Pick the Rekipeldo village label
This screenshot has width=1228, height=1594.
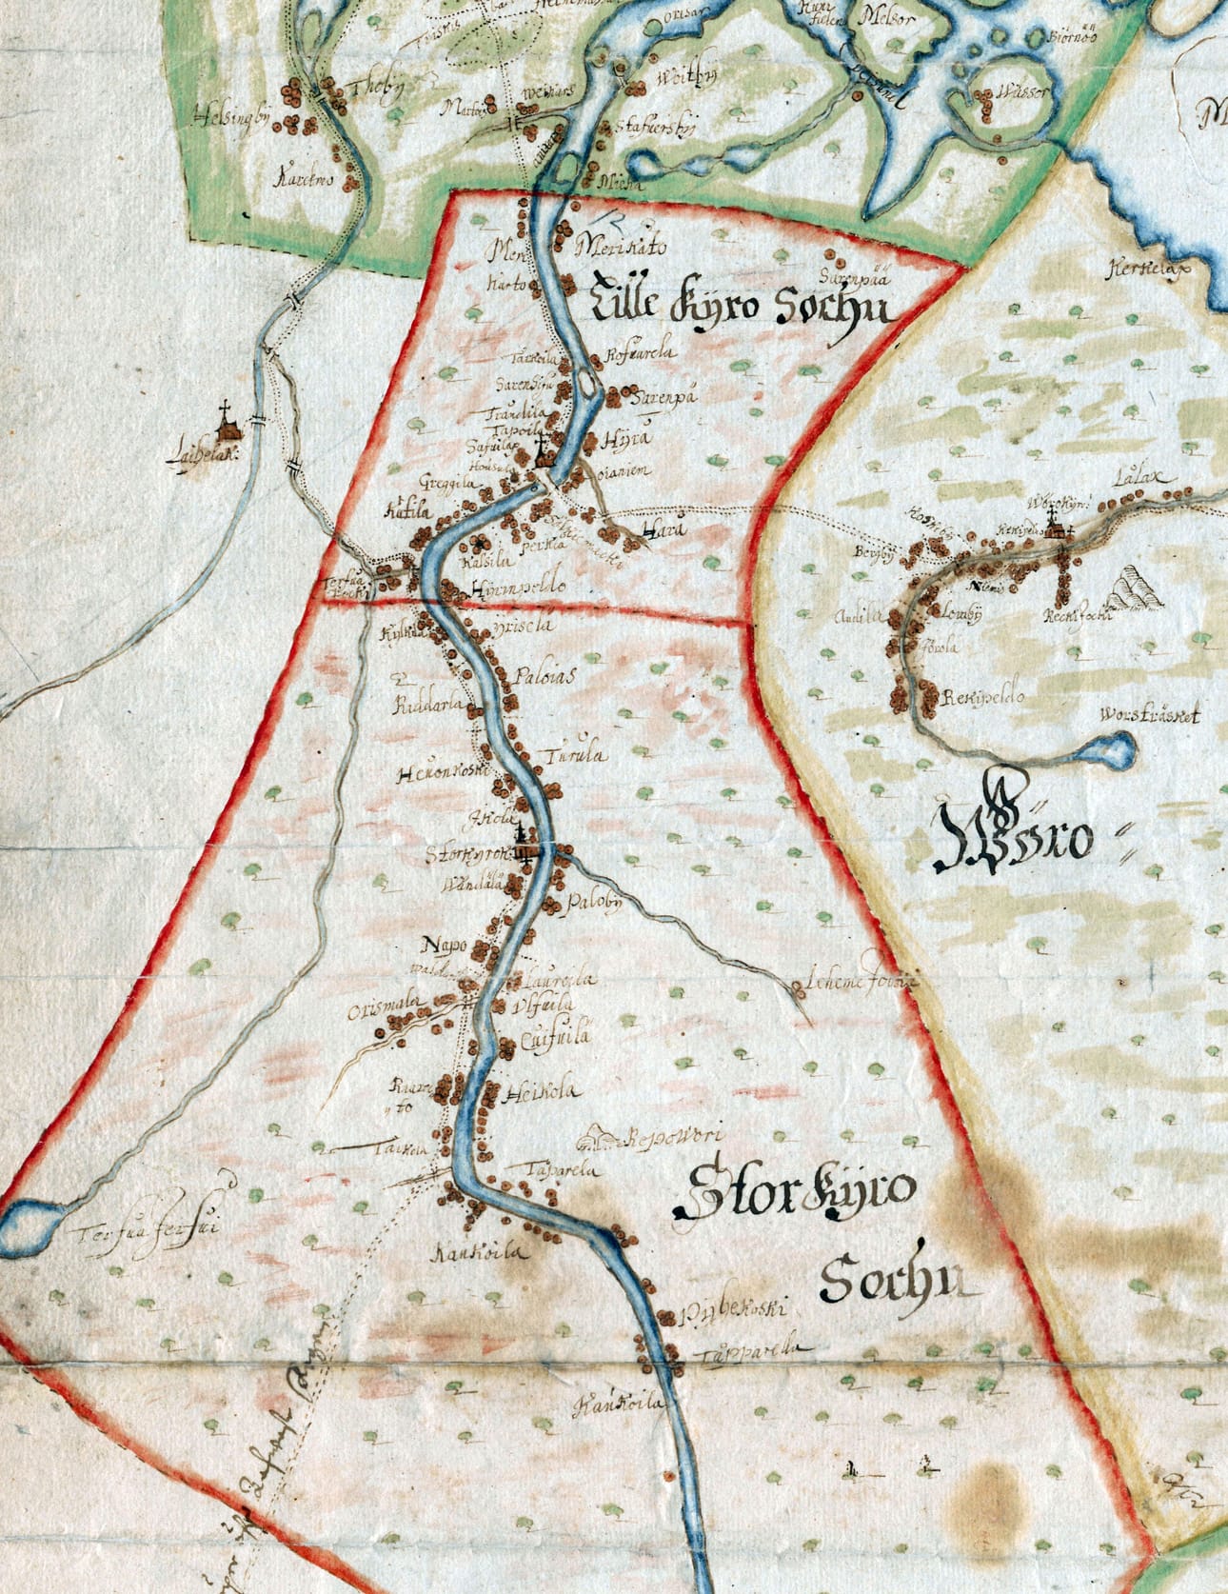(982, 697)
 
